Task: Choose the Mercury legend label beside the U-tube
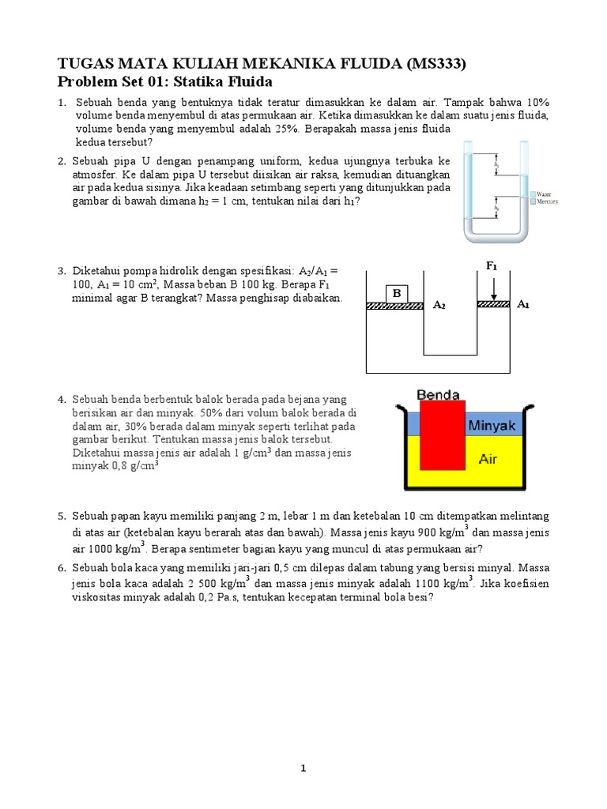pyautogui.click(x=549, y=202)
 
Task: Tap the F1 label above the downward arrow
pyautogui.click(x=492, y=266)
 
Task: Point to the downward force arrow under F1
pyautogui.click(x=492, y=287)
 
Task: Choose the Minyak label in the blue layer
pyautogui.click(x=492, y=425)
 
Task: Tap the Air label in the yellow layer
pyautogui.click(x=488, y=459)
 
